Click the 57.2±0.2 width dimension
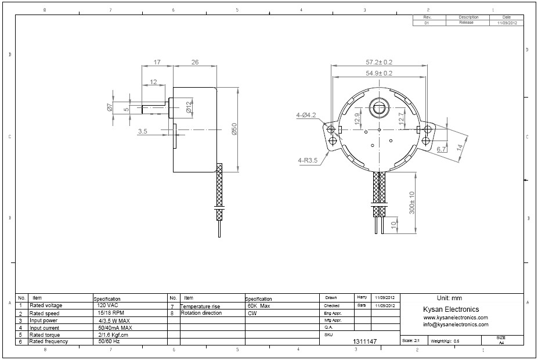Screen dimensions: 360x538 point(378,62)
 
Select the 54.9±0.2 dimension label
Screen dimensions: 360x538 point(378,73)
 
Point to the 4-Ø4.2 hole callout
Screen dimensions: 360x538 point(306,115)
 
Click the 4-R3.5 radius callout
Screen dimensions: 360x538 point(307,160)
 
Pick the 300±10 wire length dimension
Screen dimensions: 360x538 point(411,203)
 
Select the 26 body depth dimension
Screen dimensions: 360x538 point(194,62)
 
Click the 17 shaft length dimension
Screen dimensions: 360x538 point(157,62)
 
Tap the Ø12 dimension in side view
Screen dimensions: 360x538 point(189,107)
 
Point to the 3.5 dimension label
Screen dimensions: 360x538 point(143,132)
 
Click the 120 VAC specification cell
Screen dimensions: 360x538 point(109,305)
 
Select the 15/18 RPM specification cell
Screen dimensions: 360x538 point(110,313)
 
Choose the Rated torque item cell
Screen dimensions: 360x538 point(45,334)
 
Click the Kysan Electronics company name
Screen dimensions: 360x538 point(452,309)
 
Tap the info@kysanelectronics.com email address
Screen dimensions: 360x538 point(456,325)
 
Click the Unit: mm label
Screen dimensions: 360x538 point(449,297)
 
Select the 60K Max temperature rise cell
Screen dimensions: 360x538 point(259,305)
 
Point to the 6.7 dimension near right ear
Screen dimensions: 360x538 point(441,150)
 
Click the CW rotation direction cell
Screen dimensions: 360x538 point(252,313)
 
